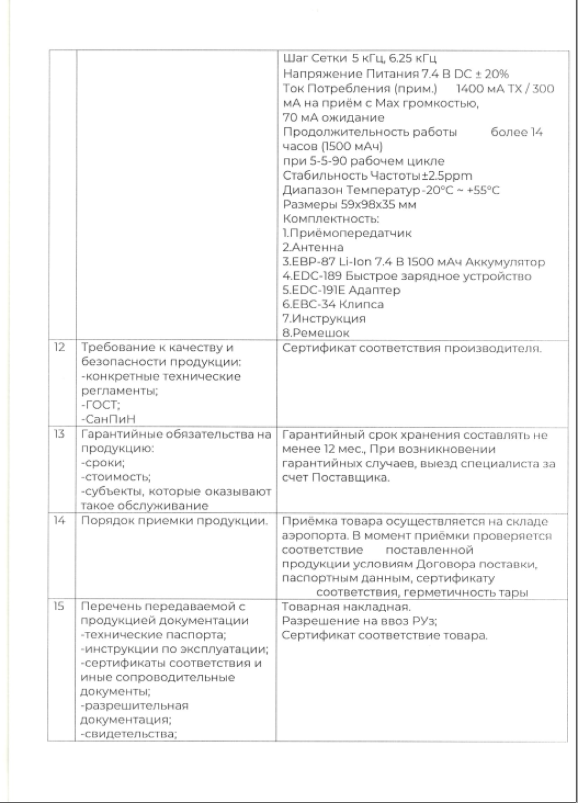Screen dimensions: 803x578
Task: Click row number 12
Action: pyautogui.click(x=60, y=348)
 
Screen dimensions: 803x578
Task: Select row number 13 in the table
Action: pyautogui.click(x=60, y=434)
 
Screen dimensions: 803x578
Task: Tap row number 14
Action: pyautogui.click(x=60, y=521)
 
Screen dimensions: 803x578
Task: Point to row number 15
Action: pyautogui.click(x=60, y=606)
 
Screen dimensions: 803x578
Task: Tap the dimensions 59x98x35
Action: pyautogui.click(x=341, y=204)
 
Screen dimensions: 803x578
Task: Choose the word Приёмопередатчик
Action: pyautogui.click(x=350, y=233)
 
